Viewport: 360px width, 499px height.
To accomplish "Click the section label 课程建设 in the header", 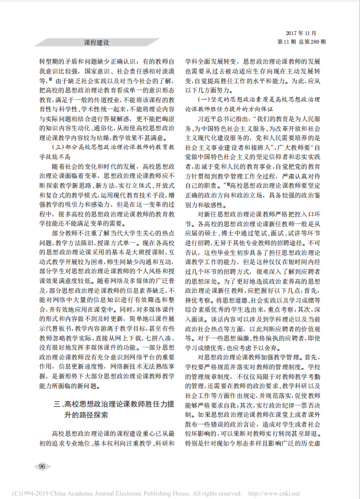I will pos(96,42).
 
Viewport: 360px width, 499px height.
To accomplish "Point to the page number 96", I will pos(42,466).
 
